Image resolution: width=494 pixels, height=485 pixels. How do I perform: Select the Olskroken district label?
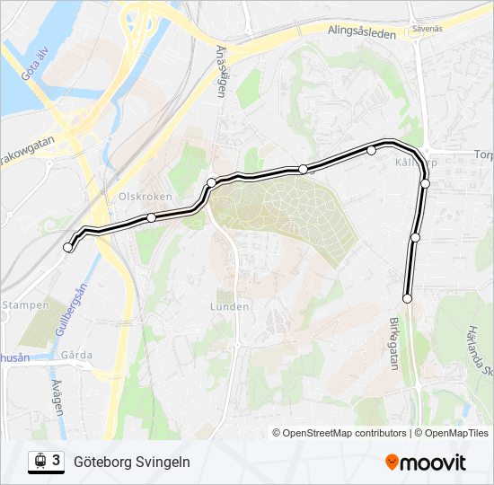tap(140, 195)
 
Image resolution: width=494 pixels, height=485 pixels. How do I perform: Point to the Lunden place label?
tap(229, 306)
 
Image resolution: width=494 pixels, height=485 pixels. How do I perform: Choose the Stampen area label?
tap(25, 305)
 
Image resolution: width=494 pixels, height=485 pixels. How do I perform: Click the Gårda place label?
tap(76, 355)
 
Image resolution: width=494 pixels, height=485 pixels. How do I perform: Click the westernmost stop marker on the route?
tap(68, 247)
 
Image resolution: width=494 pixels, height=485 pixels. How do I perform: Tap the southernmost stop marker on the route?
tap(407, 298)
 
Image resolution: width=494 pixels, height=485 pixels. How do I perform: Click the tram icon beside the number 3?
tap(39, 462)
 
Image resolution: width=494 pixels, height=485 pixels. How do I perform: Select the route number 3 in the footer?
tap(57, 461)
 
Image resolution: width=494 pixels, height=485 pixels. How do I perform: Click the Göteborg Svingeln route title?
tap(131, 462)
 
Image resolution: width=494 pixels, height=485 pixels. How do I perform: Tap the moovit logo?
tap(426, 462)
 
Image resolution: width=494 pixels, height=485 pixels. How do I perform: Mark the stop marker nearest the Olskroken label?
tap(151, 217)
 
